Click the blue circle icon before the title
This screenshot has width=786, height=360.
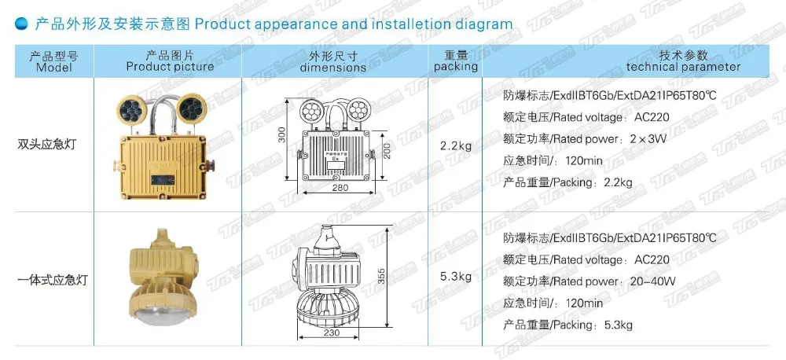(x=22, y=24)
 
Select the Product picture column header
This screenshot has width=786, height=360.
(x=170, y=61)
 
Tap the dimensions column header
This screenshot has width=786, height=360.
(x=332, y=61)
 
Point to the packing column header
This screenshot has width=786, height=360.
(x=456, y=61)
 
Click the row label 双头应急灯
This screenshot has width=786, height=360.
(x=46, y=145)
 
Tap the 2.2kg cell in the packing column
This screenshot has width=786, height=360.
(x=456, y=145)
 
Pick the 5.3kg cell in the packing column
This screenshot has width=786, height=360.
(x=456, y=276)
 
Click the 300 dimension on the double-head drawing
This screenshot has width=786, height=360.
(x=282, y=135)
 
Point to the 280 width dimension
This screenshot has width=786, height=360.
(x=340, y=188)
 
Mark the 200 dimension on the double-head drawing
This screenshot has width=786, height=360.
(x=387, y=147)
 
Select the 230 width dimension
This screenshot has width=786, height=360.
(x=331, y=332)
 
